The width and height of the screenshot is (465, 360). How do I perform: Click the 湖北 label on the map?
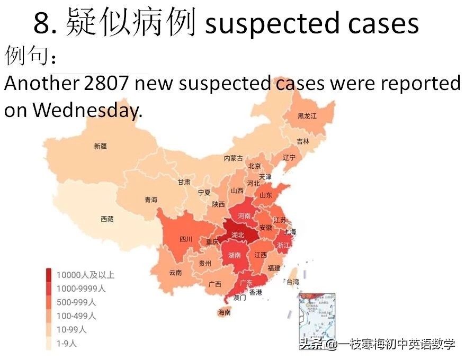tap(238, 235)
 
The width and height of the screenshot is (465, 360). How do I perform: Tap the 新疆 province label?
tap(100, 146)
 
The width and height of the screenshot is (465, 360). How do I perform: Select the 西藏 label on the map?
tap(107, 219)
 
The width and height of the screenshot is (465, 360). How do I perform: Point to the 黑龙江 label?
tap(307, 116)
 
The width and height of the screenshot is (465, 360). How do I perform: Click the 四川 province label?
tap(186, 239)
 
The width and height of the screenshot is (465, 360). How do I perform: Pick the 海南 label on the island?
tap(225, 312)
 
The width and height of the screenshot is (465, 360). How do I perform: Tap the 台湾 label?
tap(292, 282)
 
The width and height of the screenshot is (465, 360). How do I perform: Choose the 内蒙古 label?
tap(233, 158)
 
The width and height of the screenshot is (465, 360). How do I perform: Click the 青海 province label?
tap(151, 200)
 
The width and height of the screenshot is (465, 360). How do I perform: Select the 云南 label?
tap(175, 273)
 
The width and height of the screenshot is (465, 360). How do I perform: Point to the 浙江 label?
tap(283, 245)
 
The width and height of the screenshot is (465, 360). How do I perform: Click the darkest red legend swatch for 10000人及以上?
tap(49, 275)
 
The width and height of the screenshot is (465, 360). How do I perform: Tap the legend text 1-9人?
tap(66, 343)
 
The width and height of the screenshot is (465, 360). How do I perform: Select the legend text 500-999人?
tap(76, 302)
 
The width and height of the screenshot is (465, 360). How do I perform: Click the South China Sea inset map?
tap(317, 312)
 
